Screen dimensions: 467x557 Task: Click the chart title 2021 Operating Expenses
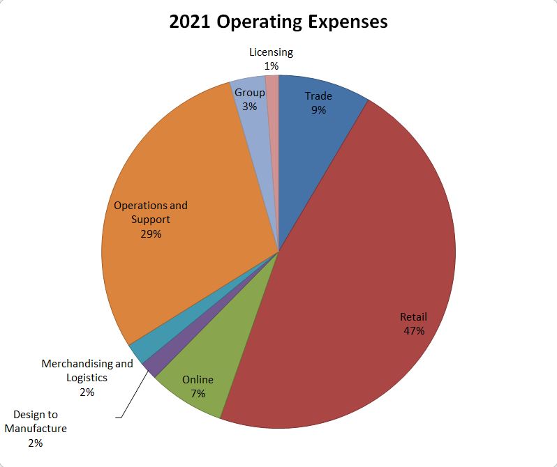[x=278, y=22]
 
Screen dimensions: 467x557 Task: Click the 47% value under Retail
[x=414, y=330]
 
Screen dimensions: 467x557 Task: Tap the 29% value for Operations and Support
[x=151, y=233]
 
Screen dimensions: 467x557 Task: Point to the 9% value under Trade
[x=318, y=109]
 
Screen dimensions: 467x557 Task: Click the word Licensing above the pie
[x=271, y=52]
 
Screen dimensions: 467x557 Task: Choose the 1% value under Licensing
[x=272, y=66]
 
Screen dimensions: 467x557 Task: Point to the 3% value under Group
[x=250, y=106]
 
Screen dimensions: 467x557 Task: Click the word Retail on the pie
[x=413, y=317]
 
